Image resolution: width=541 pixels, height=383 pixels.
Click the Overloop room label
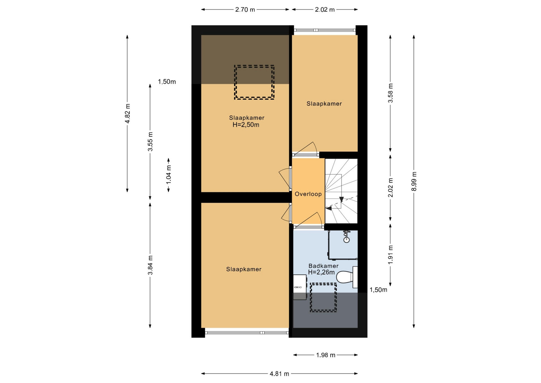pyautogui.click(x=308, y=194)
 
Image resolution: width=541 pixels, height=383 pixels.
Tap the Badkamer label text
pyautogui.click(x=323, y=266)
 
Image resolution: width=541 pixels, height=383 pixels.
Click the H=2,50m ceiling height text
pyautogui.click(x=246, y=125)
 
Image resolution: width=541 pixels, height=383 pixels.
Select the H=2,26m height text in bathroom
pyautogui.click(x=321, y=272)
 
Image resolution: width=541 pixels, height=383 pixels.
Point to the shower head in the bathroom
pyautogui.click(x=346, y=236)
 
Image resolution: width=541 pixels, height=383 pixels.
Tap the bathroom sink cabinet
pyautogui.click(x=300, y=287)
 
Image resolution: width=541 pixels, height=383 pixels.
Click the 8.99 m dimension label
pyautogui.click(x=414, y=181)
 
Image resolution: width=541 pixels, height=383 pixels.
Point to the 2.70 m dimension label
pyautogui.click(x=245, y=10)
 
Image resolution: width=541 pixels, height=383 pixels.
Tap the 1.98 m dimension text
pyautogui.click(x=326, y=355)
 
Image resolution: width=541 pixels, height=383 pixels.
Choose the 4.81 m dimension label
pyautogui.click(x=280, y=374)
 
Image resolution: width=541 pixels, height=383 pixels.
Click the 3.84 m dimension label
pyautogui.click(x=150, y=265)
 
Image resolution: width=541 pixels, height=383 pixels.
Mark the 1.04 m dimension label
pyautogui.click(x=168, y=175)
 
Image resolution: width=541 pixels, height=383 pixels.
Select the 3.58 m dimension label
pyautogui.click(x=390, y=93)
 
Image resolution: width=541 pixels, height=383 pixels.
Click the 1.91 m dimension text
pyautogui.click(x=390, y=255)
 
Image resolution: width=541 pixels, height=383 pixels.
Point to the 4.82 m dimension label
pyautogui.click(x=127, y=114)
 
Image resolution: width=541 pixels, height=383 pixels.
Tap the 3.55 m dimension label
pyautogui.click(x=150, y=142)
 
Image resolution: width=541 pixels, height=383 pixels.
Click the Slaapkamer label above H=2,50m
pyautogui.click(x=247, y=118)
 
